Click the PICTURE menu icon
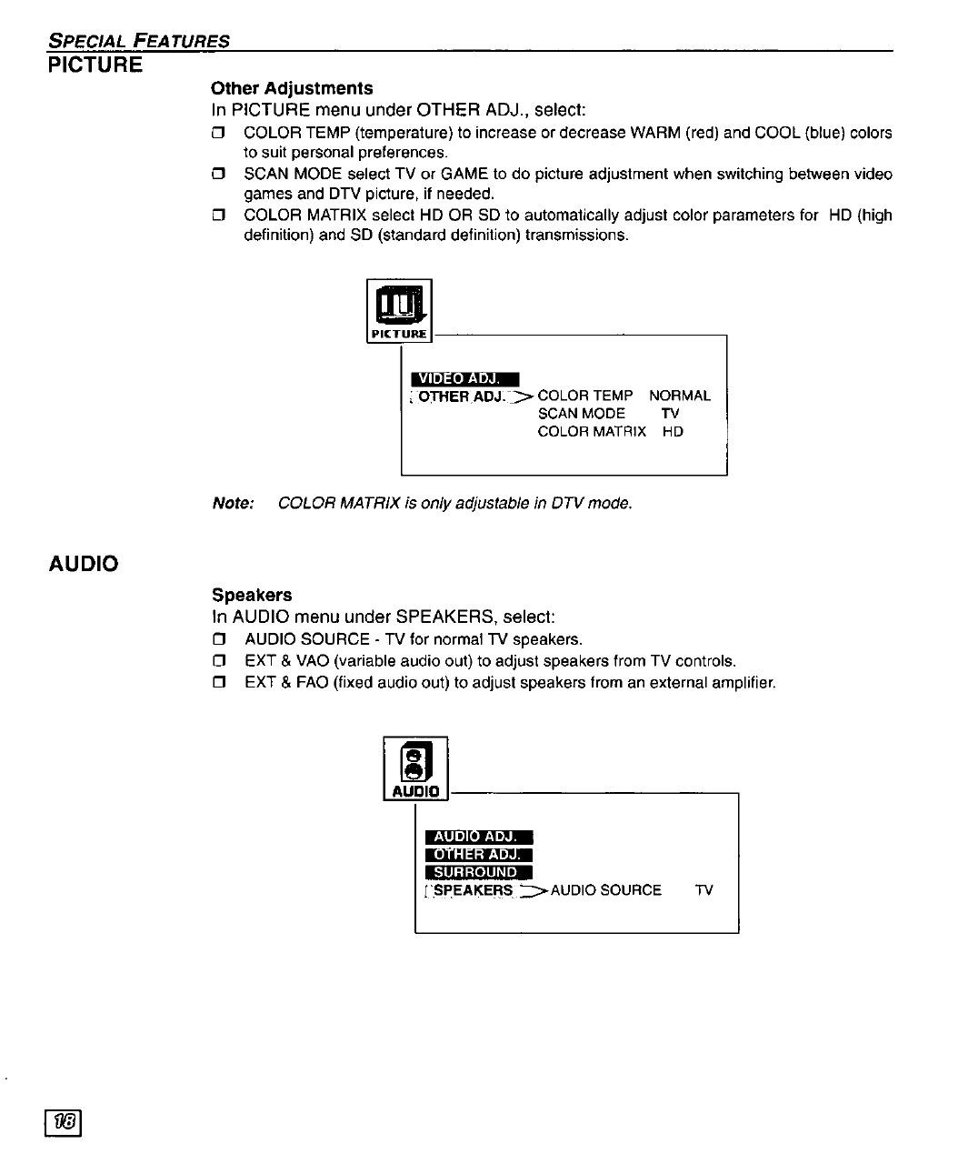click(x=399, y=310)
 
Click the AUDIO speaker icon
click(x=415, y=765)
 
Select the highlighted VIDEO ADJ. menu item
click(x=464, y=378)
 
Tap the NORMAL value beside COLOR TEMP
click(x=680, y=396)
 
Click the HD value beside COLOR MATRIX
click(x=673, y=432)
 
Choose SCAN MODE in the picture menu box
click(x=582, y=414)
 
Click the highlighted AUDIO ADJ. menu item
click(x=477, y=837)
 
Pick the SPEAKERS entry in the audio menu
click(x=473, y=890)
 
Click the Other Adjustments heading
click(x=292, y=88)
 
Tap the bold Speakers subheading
click(x=252, y=595)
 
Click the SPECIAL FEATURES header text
click(x=139, y=40)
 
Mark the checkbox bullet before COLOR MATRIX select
click(x=217, y=216)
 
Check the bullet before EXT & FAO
click(x=217, y=683)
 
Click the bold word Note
click(x=232, y=503)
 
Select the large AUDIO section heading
click(x=84, y=564)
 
